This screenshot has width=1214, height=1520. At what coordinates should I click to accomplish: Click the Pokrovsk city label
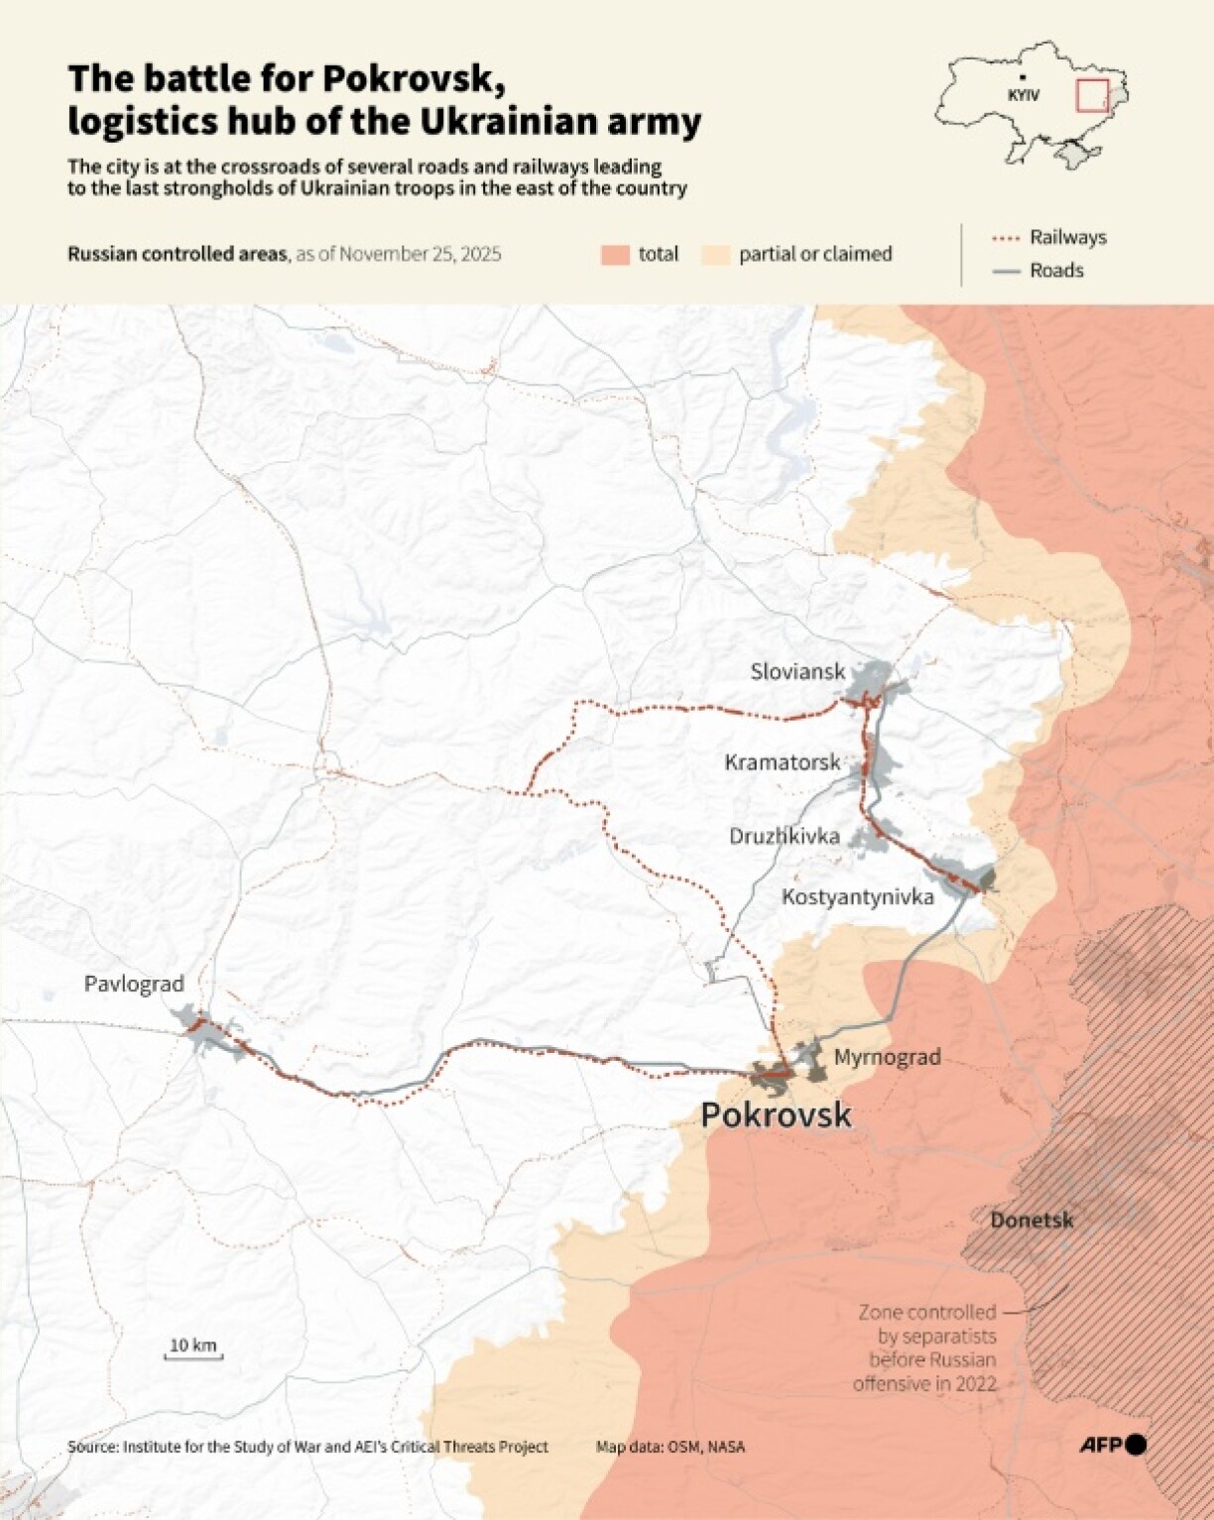point(776,1114)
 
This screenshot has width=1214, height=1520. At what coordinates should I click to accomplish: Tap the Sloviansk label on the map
point(797,671)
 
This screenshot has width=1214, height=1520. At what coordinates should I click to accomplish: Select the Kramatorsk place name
point(782,761)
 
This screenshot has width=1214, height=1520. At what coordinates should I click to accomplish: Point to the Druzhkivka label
point(784,836)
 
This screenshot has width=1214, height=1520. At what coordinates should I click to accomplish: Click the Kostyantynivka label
point(857,896)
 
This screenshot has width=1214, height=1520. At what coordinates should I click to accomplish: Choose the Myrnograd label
point(887,1057)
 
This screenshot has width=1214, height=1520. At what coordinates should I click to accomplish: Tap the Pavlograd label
point(134,984)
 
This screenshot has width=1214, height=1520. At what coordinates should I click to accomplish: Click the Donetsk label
point(1032,1220)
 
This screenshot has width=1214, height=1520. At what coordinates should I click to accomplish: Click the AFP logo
point(1113,1446)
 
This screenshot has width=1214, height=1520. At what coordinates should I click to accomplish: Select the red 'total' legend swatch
point(615,255)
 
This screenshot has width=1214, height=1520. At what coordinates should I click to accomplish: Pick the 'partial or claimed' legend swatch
point(716,255)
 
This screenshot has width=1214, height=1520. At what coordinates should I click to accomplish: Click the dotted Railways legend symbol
point(1006,238)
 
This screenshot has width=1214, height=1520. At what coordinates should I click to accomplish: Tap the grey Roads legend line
point(1006,271)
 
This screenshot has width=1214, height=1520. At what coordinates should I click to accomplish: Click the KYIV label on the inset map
point(1023,95)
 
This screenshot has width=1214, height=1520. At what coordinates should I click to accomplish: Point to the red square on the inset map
point(1092,95)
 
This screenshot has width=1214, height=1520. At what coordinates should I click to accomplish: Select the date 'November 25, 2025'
point(420,254)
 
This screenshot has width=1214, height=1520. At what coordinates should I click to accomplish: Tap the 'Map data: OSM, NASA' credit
point(670,1447)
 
